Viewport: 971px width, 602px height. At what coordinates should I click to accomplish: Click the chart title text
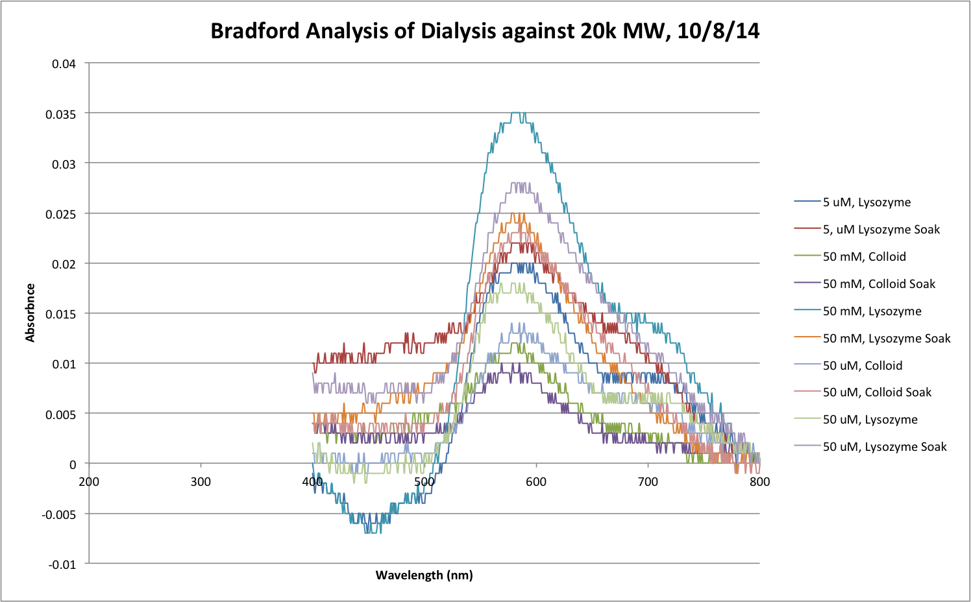click(485, 31)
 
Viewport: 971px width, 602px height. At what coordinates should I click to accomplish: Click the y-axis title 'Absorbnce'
click(30, 313)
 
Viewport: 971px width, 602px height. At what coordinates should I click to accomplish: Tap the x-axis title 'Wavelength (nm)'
click(424, 575)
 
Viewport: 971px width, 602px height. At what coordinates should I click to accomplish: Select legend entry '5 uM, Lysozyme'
click(867, 202)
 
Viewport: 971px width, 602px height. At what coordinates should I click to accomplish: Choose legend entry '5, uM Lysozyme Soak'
click(881, 230)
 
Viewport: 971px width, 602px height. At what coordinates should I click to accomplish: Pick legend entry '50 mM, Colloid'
click(864, 257)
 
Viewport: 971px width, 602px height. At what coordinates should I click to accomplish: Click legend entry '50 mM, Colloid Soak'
click(879, 284)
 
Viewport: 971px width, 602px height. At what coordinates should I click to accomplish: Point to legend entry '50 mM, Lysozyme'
click(872, 311)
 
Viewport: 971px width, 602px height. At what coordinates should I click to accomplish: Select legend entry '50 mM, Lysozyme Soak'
click(886, 339)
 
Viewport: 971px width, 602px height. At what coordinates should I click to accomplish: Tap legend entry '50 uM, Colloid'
click(862, 366)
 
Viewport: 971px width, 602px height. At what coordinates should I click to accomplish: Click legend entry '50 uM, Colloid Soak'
click(877, 392)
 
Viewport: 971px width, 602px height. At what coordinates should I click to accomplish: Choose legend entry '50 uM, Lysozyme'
click(870, 420)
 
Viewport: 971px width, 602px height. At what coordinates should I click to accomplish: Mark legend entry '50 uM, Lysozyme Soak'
click(885, 447)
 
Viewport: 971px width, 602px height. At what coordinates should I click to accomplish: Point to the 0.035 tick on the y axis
click(60, 114)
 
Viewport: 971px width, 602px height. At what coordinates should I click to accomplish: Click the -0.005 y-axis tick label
click(58, 514)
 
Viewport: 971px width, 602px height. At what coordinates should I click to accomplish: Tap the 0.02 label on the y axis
click(64, 264)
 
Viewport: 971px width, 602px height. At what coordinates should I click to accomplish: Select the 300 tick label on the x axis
click(201, 481)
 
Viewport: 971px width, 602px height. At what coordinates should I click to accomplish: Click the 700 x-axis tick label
click(648, 481)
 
